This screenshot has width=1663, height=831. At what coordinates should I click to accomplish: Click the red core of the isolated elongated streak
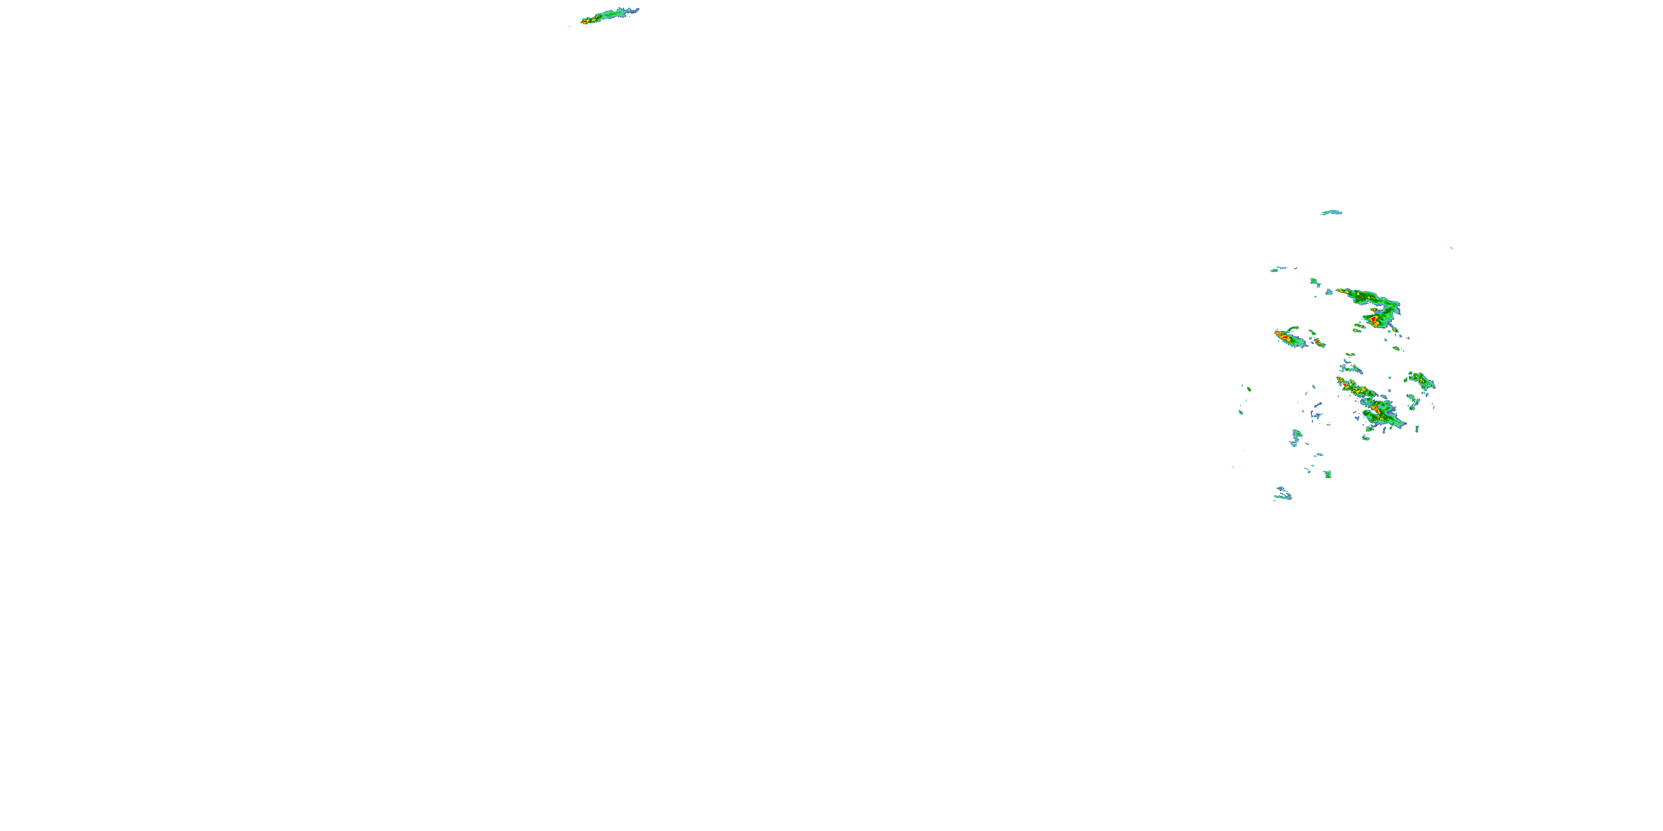coord(585,21)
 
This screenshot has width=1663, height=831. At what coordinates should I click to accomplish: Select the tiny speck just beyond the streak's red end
coord(569,27)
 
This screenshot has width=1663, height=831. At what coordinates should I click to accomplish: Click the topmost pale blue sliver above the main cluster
coord(1331,212)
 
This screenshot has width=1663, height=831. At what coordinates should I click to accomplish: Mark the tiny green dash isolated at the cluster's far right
coord(1452,248)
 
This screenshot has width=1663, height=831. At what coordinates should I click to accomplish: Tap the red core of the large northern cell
coord(1374,319)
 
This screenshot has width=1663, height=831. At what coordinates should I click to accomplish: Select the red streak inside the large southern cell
coord(1376,408)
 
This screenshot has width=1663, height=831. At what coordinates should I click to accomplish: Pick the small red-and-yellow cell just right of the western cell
coord(1317,341)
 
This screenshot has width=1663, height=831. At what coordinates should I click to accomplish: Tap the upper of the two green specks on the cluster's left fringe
coord(1249,388)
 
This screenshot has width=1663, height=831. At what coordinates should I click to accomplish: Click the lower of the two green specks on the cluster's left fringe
coord(1241,412)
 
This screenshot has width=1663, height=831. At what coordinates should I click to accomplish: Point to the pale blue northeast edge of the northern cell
coord(1395,304)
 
